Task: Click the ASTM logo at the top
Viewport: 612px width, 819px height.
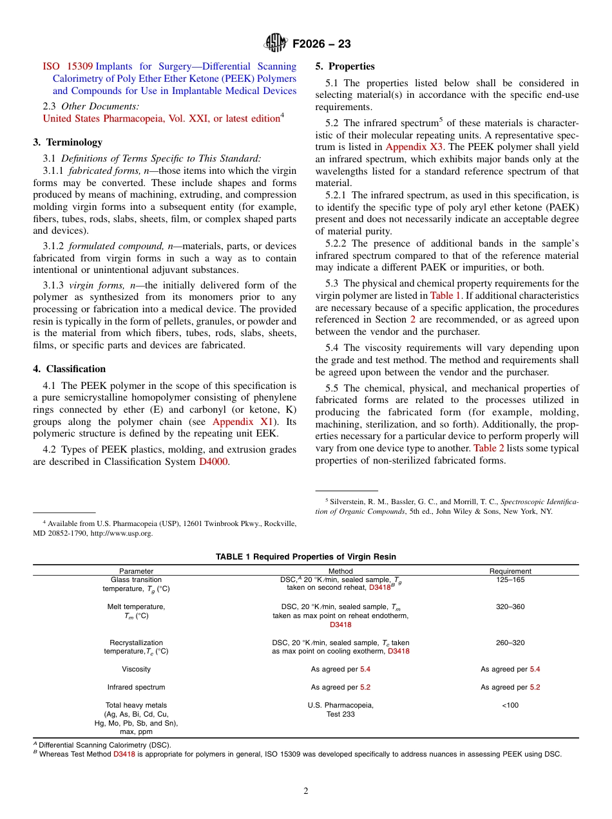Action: pos(276,44)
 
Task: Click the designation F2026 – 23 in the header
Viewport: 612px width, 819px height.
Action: pos(321,44)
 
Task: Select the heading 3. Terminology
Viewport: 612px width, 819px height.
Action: pos(68,142)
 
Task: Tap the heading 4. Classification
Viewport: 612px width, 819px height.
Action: pos(69,369)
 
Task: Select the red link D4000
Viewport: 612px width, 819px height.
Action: pos(213,462)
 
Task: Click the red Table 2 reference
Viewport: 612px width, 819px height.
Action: pos(488,448)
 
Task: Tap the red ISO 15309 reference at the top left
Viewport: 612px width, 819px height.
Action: pos(68,66)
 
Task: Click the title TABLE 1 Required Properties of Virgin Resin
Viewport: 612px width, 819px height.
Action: pos(305,556)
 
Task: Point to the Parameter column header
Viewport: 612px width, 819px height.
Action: pos(136,571)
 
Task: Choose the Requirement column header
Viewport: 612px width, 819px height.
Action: pos(510,571)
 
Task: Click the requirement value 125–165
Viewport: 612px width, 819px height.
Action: pos(510,580)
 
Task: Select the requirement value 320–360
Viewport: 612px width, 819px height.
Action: pos(510,607)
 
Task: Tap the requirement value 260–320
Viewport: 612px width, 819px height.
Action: pos(510,643)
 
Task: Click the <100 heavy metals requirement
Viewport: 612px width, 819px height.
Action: pos(510,705)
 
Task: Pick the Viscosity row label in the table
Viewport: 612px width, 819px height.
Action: pos(136,670)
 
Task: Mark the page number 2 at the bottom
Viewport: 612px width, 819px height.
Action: pos(306,791)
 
